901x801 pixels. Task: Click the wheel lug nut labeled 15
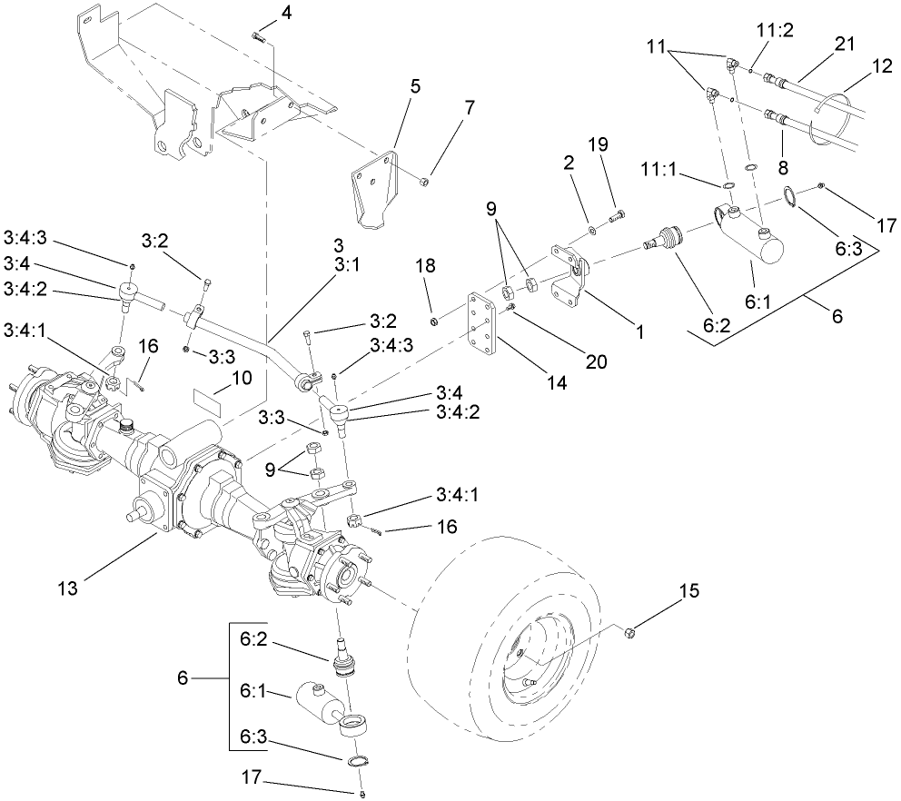(629, 630)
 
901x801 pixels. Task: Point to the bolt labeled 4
(258, 37)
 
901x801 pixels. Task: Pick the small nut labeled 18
(435, 318)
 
